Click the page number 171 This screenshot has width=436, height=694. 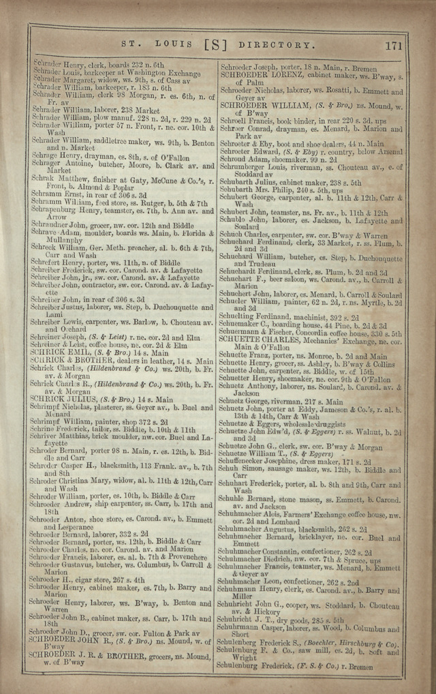[393, 46]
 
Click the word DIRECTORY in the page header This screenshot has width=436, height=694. [277, 46]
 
